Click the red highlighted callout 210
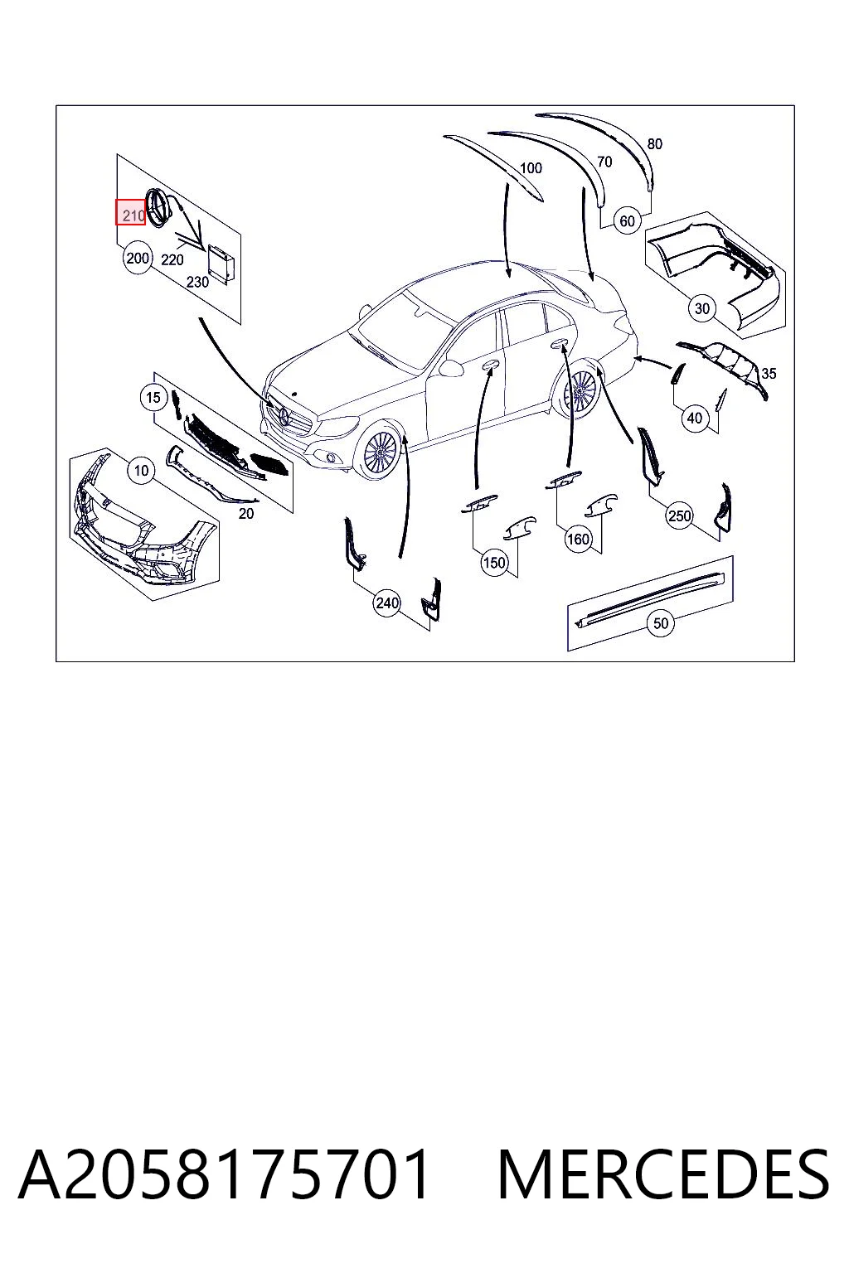(x=131, y=212)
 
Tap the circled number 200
(x=137, y=259)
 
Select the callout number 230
(x=197, y=282)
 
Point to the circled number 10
(x=141, y=470)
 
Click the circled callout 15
(x=153, y=397)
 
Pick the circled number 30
(x=702, y=308)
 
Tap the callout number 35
(x=769, y=374)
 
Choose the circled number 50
(x=660, y=623)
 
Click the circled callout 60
(x=627, y=221)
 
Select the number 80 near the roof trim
(x=654, y=143)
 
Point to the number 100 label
(x=531, y=168)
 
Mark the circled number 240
(x=387, y=603)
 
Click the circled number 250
(x=680, y=516)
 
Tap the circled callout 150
(x=493, y=563)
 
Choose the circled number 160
(x=578, y=538)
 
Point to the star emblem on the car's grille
(x=285, y=419)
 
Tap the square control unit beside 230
(x=218, y=262)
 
